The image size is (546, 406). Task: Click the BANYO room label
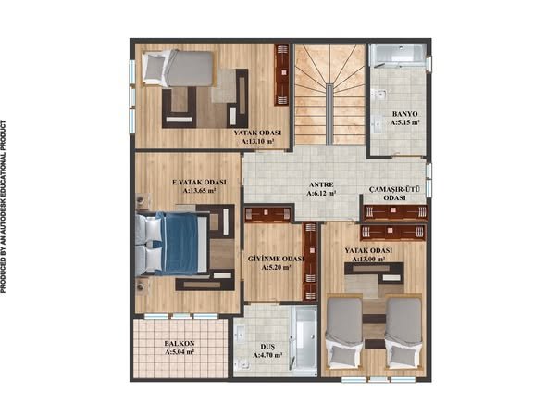(x=404, y=114)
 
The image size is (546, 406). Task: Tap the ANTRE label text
(x=321, y=184)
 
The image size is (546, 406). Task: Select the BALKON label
(x=180, y=344)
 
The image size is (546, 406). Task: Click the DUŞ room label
(x=267, y=347)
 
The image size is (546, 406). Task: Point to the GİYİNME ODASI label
(x=276, y=260)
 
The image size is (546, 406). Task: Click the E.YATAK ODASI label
(x=200, y=182)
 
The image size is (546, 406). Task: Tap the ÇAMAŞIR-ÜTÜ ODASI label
(x=394, y=194)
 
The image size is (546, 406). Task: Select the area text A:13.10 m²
(x=257, y=142)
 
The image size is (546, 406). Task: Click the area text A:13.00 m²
(x=368, y=260)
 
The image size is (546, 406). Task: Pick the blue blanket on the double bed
(x=180, y=244)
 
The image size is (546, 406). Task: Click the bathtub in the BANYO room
(x=398, y=55)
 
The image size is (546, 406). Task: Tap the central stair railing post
(x=329, y=114)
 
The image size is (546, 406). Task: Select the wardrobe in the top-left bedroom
(x=282, y=75)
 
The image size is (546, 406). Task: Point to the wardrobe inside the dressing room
(x=310, y=262)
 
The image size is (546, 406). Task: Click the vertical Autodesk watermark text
(x=4, y=207)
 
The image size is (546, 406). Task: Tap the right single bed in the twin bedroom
(x=403, y=331)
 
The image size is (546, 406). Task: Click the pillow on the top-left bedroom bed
(x=155, y=68)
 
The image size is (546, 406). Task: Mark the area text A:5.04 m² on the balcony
(x=180, y=352)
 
